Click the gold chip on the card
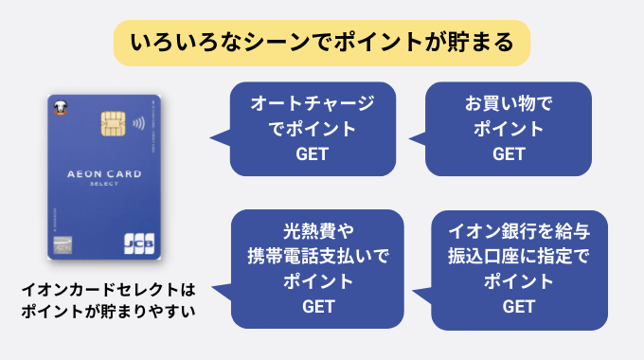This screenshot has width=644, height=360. tap(112, 124)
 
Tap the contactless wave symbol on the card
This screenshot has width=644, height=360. tap(137, 124)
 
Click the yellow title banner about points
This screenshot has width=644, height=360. tap(322, 43)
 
